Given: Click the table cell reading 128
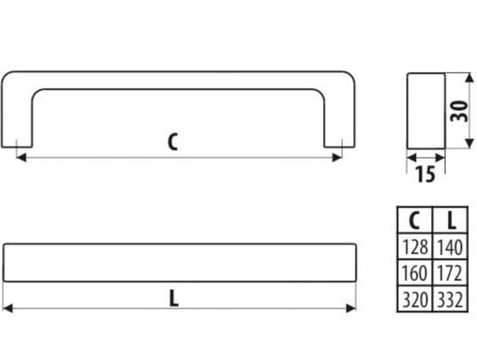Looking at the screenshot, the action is coord(415,247).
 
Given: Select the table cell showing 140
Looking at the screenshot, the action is coord(450,247).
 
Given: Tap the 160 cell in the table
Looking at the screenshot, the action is coord(415,273).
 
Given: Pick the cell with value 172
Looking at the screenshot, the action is coord(450,273).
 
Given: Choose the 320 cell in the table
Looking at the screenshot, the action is coord(415,299).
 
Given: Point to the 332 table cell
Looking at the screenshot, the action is coord(450,299).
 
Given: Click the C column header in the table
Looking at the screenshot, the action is coord(415,220).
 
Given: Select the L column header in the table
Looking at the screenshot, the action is coord(450,220).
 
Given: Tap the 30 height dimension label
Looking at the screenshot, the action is coord(458,111).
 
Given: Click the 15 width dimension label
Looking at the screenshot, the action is coord(426,174).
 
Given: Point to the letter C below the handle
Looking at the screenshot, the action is coord(173,142).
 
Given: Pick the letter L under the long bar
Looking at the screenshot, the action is coord(174,298).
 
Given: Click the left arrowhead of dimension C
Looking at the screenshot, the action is coord(20,158).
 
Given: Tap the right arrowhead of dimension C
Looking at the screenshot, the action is coord(338,158).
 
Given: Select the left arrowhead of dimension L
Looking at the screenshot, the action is coord(8,309).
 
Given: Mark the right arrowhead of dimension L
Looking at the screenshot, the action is coord(351,309).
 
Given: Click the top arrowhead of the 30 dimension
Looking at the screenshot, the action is coord(470,78).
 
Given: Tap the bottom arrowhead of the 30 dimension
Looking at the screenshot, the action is coord(470,143).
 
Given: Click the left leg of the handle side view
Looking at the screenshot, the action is coord(17,115).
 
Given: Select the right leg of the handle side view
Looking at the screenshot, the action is coord(340,115).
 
